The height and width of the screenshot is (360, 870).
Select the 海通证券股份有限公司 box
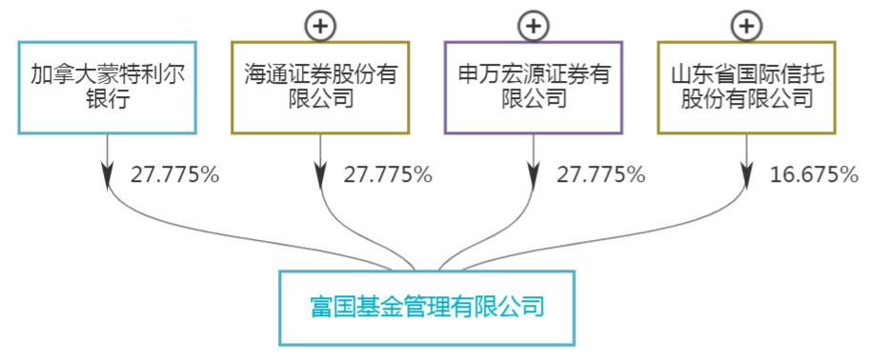tap(320, 86)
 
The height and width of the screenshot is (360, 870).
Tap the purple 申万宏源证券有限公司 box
tap(534, 86)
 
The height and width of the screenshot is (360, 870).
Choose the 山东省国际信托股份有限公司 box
tap(747, 86)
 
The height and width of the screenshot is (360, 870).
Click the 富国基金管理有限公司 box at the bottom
tap(427, 308)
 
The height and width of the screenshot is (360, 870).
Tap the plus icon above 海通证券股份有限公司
tap(320, 26)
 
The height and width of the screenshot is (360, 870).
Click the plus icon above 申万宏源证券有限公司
tap(534, 26)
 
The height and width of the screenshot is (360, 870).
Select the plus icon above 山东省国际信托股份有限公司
tap(747, 26)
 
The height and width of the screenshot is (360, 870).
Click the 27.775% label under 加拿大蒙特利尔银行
tap(174, 174)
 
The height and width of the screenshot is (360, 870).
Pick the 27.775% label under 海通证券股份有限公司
tap(388, 174)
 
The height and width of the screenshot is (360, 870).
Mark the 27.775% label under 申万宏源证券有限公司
tap(601, 174)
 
